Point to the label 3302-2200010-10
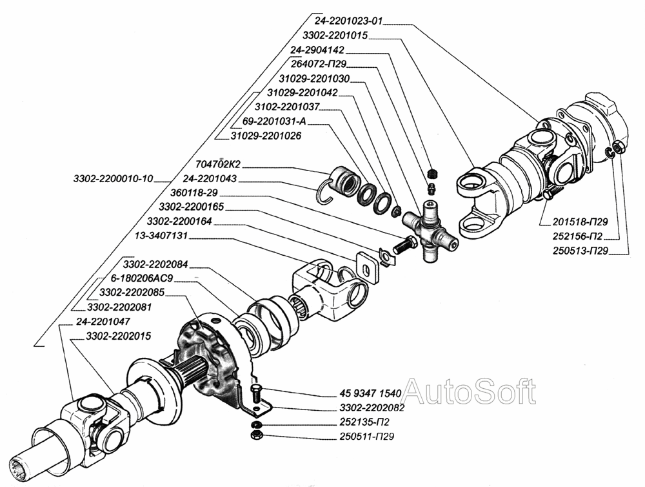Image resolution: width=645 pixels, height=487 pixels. (x=114, y=178)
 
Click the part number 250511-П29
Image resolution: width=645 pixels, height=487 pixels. (x=366, y=437)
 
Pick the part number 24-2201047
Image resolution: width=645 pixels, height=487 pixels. (x=103, y=320)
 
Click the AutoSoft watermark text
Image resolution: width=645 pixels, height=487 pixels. (x=469, y=392)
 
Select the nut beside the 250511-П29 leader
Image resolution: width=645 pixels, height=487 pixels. (x=254, y=437)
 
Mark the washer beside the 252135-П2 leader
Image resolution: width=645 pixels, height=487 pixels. (x=255, y=424)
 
